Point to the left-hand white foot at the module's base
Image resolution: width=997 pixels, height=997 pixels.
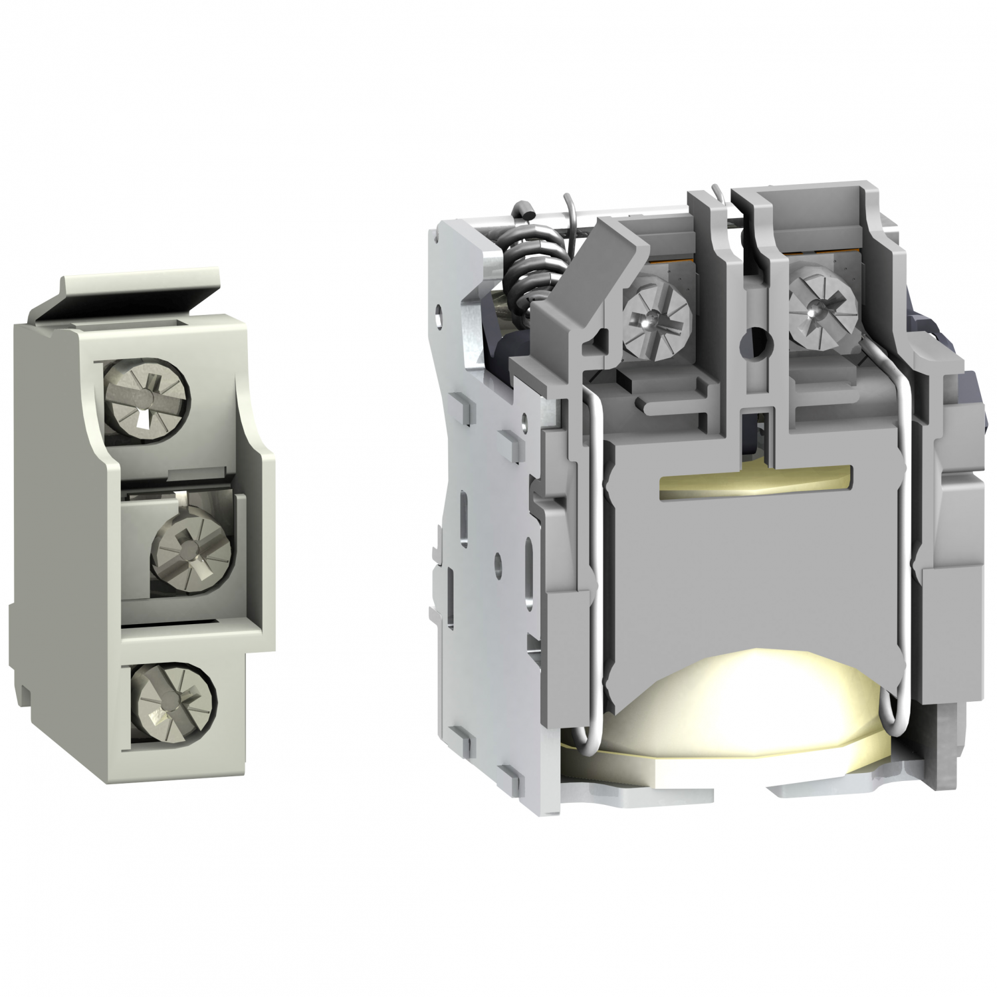click(x=638, y=791)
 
